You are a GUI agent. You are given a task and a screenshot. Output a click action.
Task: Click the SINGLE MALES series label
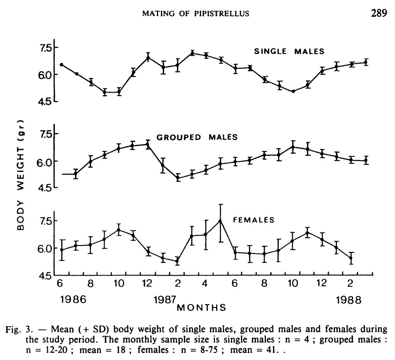pyautogui.click(x=289, y=51)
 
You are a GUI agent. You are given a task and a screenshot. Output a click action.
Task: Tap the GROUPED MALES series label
pyautogui.click(x=197, y=138)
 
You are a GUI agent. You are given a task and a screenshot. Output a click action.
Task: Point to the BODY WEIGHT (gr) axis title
pyautogui.click(x=21, y=174)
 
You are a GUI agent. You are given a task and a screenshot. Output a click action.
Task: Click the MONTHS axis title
pyautogui.click(x=201, y=308)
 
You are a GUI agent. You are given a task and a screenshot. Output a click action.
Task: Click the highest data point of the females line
pyautogui.click(x=220, y=221)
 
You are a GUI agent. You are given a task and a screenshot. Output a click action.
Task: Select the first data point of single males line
pyautogui.click(x=61, y=64)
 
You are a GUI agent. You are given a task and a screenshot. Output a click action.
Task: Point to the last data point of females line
pyautogui.click(x=350, y=258)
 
